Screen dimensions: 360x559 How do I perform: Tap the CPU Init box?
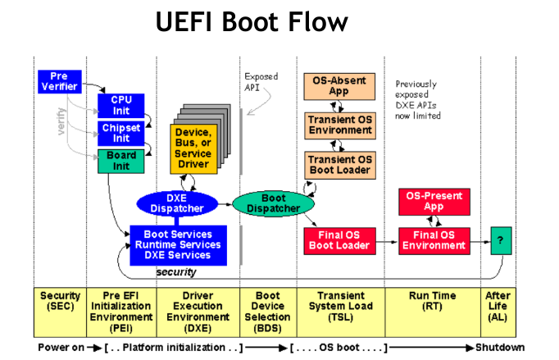pos(120,105)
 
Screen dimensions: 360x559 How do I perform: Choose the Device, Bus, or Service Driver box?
pos(193,147)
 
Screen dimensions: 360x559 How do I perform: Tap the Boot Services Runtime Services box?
pos(177,244)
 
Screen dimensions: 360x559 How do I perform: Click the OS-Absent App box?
pos(339,85)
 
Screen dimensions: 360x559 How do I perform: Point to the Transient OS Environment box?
pos(339,124)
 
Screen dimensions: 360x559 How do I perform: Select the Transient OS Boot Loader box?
pos(339,164)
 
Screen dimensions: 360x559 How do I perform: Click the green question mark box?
pos(501,240)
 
